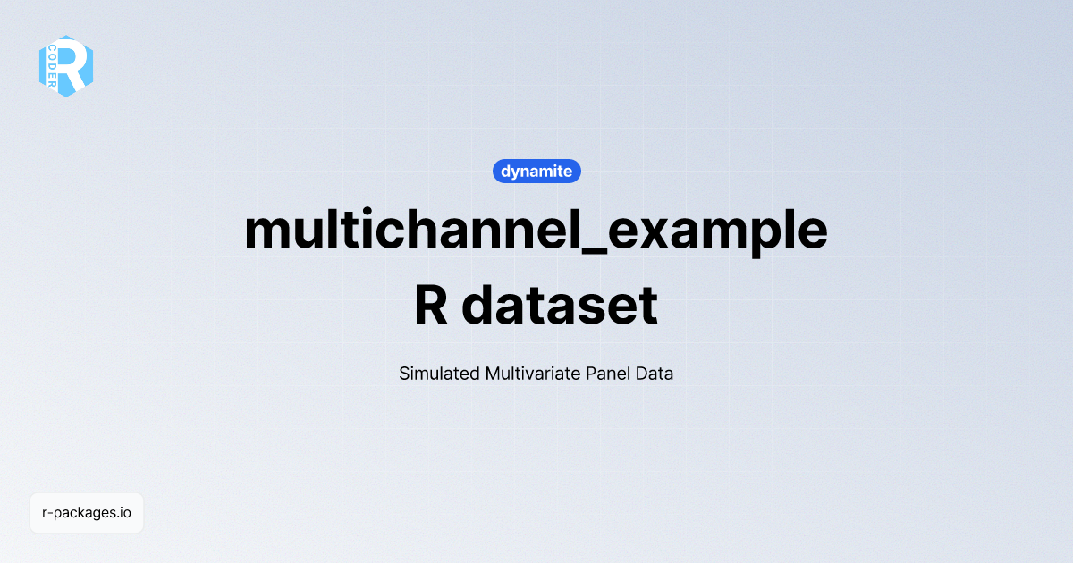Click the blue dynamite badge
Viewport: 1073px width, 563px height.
click(x=536, y=172)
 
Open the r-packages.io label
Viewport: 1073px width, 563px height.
click(x=87, y=513)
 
